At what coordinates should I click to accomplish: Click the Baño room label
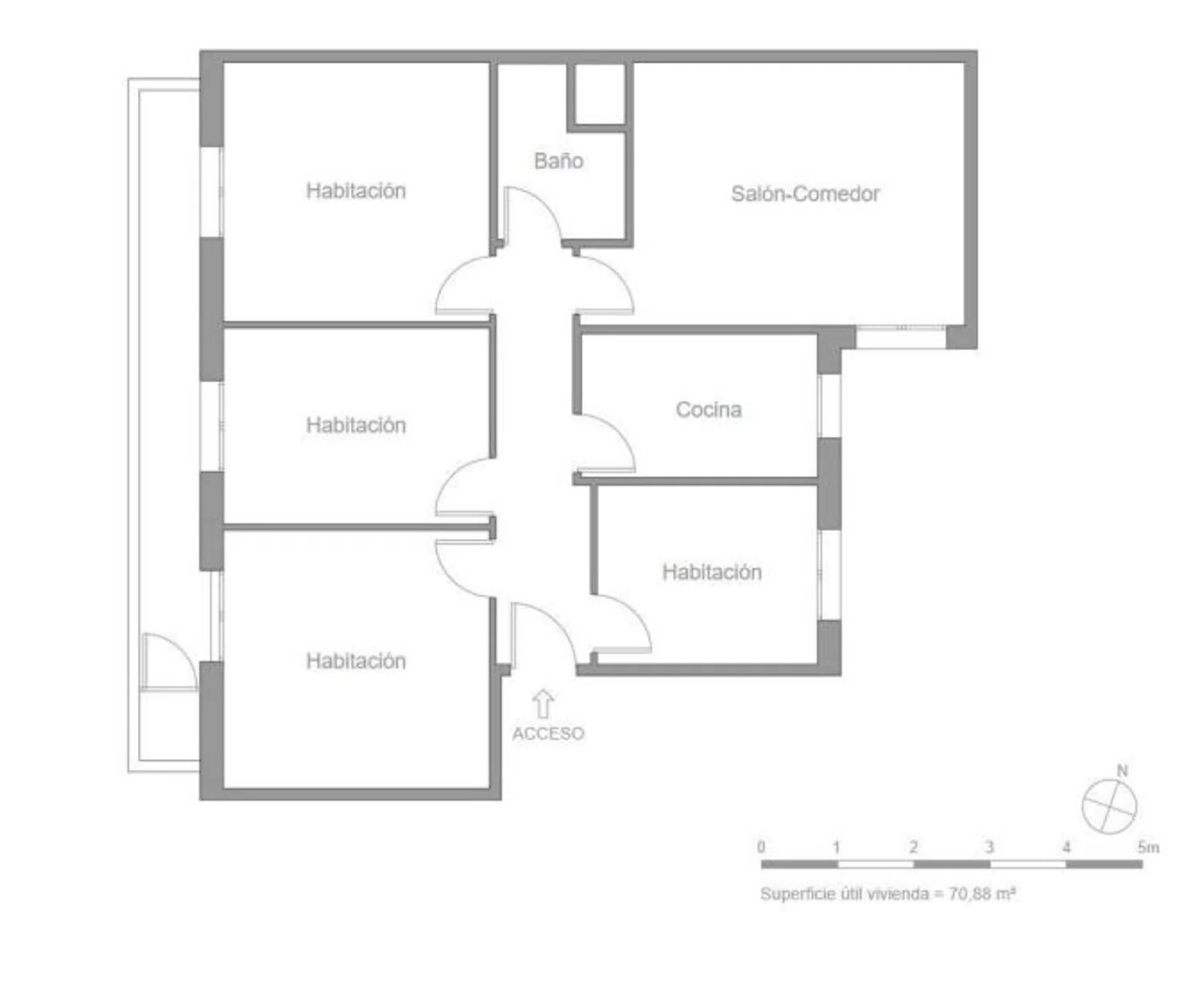click(x=558, y=161)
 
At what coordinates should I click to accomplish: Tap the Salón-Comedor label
click(x=805, y=194)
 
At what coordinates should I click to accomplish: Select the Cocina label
click(x=709, y=410)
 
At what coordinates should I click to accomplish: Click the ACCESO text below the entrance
click(x=549, y=734)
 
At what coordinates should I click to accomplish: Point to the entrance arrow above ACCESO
click(x=543, y=704)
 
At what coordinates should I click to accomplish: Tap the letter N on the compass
click(x=1123, y=771)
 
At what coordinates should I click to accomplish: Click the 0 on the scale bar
click(x=761, y=847)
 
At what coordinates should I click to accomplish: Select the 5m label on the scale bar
click(x=1148, y=847)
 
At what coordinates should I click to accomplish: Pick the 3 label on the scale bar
click(x=989, y=847)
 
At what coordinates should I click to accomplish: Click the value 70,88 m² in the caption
click(x=982, y=893)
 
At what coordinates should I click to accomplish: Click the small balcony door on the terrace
click(x=169, y=661)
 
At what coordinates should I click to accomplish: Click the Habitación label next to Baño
click(x=356, y=191)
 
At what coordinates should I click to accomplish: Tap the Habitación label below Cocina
click(x=712, y=573)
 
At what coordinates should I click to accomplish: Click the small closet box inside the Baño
click(x=599, y=94)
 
